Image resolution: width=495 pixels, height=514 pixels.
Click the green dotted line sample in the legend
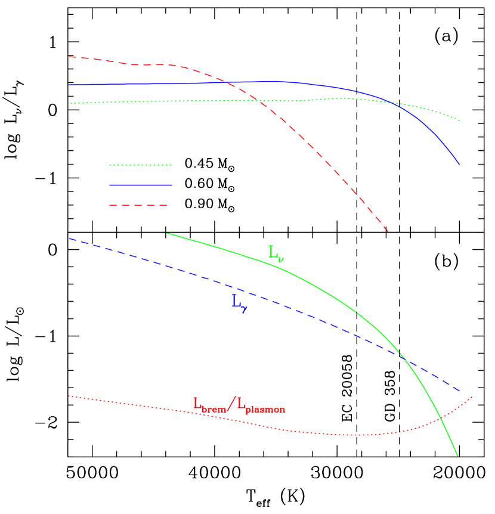pyautogui.click(x=140, y=165)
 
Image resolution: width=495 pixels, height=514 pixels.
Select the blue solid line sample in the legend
pyautogui.click(x=140, y=185)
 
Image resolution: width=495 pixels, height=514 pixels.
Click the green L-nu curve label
pyautogui.click(x=276, y=253)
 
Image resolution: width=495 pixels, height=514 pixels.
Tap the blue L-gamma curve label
pyautogui.click(x=239, y=303)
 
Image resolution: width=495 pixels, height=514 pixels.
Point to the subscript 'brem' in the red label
pyautogui.click(x=214, y=410)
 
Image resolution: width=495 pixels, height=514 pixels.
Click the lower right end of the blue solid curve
pyautogui.click(x=460, y=165)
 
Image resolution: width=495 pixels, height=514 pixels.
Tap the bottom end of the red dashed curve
pyautogui.click(x=388, y=231)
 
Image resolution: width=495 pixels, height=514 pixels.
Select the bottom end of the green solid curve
pyautogui.click(x=458, y=456)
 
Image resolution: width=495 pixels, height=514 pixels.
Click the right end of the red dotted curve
pyautogui.click(x=472, y=396)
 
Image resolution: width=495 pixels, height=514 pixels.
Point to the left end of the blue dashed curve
pyautogui.click(x=69, y=239)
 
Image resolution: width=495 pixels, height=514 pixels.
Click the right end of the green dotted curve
pyautogui.click(x=460, y=121)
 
